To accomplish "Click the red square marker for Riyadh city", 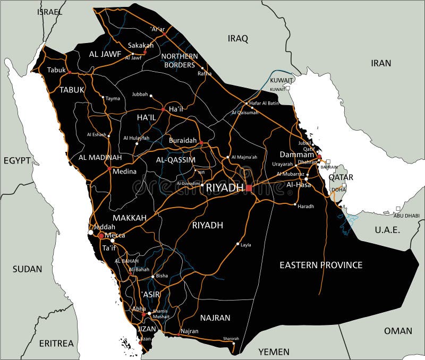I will click(x=248, y=187).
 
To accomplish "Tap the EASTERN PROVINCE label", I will click(x=321, y=264).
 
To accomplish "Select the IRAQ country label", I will click(x=238, y=38).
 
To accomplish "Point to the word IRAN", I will click(x=380, y=63).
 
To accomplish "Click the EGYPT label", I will click(x=18, y=160).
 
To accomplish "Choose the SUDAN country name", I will click(x=27, y=269).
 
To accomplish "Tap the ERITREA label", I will click(x=56, y=343).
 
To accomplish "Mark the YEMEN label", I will click(x=274, y=352).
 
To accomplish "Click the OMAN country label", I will click(x=398, y=330).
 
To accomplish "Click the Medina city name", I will click(x=124, y=172).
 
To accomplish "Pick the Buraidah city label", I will click(x=183, y=140).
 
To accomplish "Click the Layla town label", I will click(x=246, y=245).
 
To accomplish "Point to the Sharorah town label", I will click(x=231, y=338).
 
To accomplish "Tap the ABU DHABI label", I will click(x=406, y=216).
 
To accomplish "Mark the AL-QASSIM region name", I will click(x=176, y=159).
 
